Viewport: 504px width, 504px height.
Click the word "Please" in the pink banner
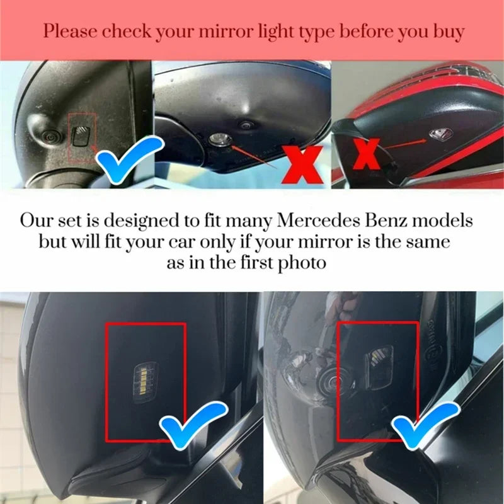(x=70, y=31)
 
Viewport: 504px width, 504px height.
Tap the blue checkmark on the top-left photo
(x=129, y=159)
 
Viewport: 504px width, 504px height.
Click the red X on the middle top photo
(x=302, y=164)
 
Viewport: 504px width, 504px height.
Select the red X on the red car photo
(x=366, y=154)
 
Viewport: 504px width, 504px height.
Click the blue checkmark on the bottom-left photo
(x=193, y=424)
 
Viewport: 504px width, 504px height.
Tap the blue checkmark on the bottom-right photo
(x=424, y=425)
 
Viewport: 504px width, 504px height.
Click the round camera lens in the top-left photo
(x=50, y=138)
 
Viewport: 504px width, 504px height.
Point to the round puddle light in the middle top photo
(x=220, y=139)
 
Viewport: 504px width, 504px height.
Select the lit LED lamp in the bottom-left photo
(x=144, y=379)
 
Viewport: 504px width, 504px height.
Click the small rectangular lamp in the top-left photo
(x=81, y=137)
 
